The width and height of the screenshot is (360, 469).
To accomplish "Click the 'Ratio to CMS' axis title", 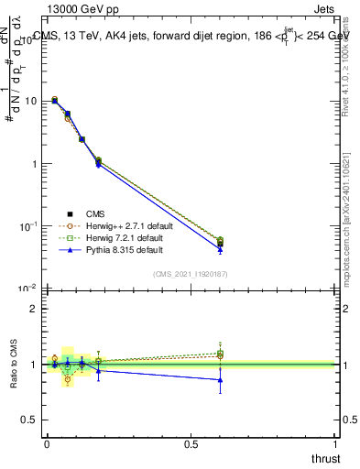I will [x=12, y=364].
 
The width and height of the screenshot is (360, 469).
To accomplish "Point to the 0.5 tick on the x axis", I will [x=191, y=443].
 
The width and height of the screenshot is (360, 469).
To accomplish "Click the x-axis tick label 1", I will [x=336, y=443].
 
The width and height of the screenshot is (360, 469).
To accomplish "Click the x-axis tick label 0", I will [x=47, y=443].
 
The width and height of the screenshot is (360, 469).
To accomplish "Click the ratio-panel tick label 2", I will [x=32, y=310].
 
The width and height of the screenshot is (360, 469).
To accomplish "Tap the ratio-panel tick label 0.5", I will [x=28, y=420].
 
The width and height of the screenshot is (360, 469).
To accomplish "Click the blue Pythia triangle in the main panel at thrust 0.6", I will [x=220, y=249].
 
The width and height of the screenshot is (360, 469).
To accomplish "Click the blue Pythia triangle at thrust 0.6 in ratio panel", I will [x=220, y=379].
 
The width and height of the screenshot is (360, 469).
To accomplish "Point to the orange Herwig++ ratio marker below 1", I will [x=68, y=379].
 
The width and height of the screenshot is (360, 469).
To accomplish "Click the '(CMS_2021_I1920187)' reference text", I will [x=191, y=273].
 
